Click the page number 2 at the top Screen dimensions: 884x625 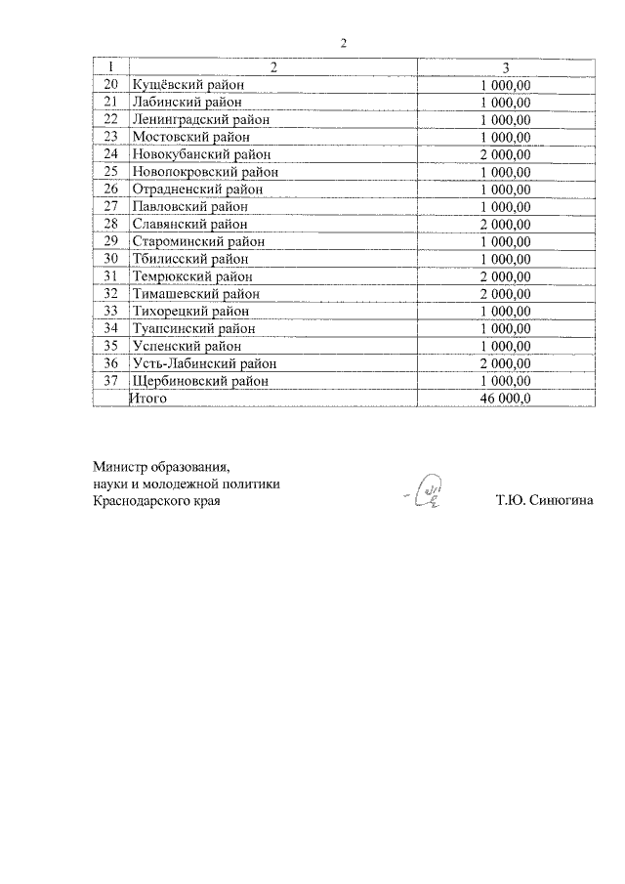click(344, 43)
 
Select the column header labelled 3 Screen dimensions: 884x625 click(505, 66)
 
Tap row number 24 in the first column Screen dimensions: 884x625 click(110, 153)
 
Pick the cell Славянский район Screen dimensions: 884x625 click(184, 224)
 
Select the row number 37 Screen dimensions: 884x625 click(110, 381)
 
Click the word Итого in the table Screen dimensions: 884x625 click(149, 399)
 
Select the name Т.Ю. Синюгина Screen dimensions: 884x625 click(544, 502)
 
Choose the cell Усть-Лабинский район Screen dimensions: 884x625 click(199, 363)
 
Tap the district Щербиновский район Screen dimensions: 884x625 click(198, 381)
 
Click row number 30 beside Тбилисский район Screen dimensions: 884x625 click(110, 259)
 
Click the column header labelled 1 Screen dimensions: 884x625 click(110, 66)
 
